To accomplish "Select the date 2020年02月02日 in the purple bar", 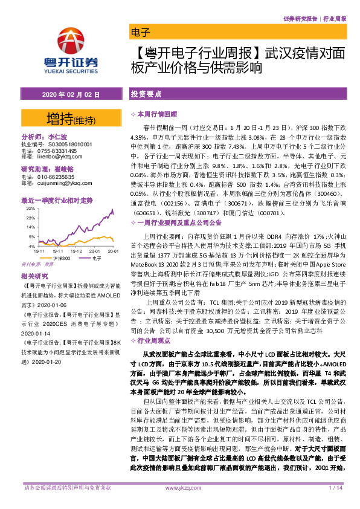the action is click(x=71, y=95).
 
